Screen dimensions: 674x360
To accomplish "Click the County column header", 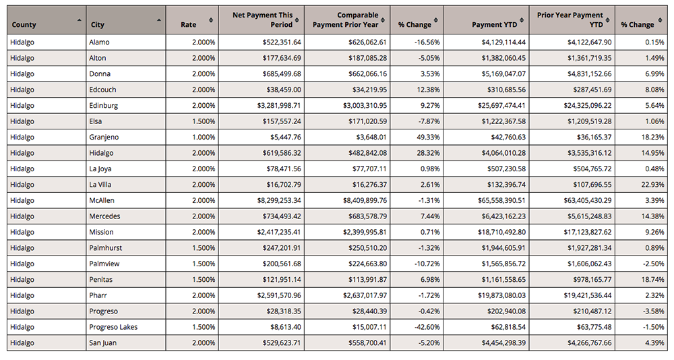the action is [x=24, y=24].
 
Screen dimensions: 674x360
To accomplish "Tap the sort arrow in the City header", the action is [x=159, y=20].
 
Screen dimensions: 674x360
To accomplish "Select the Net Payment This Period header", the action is [x=262, y=20].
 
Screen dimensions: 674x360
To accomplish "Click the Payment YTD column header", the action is [x=494, y=24].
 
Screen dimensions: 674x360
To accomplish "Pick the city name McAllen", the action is [x=102, y=200].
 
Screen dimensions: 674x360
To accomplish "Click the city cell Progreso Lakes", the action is [x=113, y=327].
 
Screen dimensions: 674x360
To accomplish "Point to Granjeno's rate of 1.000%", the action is [x=204, y=138].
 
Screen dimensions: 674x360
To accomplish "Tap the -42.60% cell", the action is [x=427, y=327].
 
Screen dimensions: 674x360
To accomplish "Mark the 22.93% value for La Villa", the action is [x=653, y=185].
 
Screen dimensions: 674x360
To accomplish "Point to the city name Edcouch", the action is [x=102, y=90].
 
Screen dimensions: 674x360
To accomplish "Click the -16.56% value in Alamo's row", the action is [x=427, y=42].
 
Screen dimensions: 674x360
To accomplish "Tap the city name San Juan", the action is [x=102, y=342].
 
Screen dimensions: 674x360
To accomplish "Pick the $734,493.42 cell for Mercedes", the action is [x=282, y=216].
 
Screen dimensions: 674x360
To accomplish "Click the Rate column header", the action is [x=188, y=24].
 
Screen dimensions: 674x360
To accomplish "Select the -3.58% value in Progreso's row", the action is [x=654, y=311].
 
